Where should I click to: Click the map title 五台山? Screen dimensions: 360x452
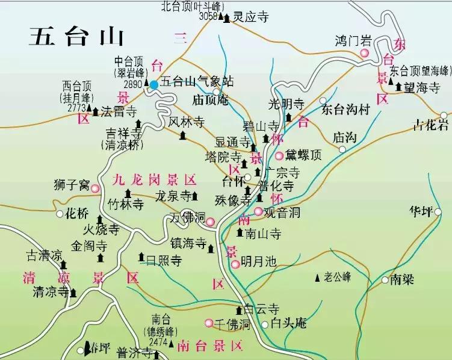(x=76, y=37)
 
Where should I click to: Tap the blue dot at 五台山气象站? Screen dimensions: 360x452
(x=154, y=85)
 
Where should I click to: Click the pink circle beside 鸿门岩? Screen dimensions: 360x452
(x=364, y=54)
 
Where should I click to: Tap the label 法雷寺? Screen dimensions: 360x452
(x=119, y=111)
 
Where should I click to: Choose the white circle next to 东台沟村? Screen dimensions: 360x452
(x=323, y=101)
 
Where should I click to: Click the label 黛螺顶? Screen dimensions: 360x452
(x=303, y=155)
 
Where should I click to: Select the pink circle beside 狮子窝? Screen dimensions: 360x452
(x=95, y=188)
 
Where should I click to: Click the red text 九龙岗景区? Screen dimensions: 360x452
(x=155, y=179)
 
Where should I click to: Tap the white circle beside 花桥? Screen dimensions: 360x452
(x=60, y=214)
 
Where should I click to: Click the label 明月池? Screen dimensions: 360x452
(x=258, y=262)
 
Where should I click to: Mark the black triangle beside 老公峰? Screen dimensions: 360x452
(x=317, y=278)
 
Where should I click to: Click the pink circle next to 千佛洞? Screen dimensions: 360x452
(x=209, y=324)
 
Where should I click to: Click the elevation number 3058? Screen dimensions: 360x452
(x=208, y=16)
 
